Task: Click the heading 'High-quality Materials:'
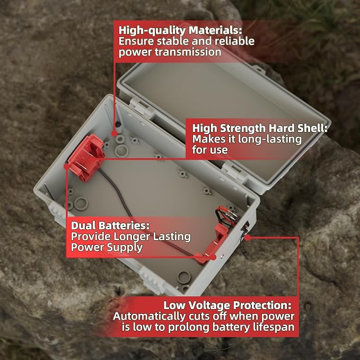[x=180, y=31]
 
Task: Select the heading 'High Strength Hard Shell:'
[x=260, y=128]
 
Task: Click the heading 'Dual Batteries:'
[x=110, y=225]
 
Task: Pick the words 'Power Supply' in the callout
[x=107, y=247]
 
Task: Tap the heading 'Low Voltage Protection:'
[x=227, y=305]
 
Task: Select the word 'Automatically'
[x=150, y=317]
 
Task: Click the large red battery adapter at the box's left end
[x=86, y=157]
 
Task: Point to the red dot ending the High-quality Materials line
[x=114, y=134]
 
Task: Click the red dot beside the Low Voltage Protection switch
[x=247, y=238]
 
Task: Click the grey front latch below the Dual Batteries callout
[x=152, y=280]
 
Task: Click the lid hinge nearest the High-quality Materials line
[x=140, y=106]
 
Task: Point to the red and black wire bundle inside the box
[x=226, y=215]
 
